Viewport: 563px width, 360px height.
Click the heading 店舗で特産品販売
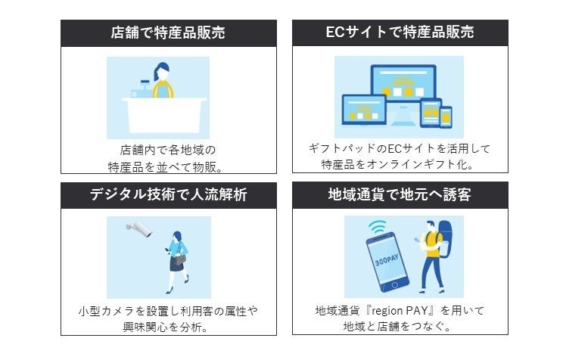point(168,33)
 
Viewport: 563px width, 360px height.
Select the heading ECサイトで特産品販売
point(400,33)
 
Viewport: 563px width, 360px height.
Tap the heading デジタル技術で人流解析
point(168,195)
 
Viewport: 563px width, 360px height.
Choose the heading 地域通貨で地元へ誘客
point(400,195)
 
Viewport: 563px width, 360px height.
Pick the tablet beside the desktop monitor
point(429,113)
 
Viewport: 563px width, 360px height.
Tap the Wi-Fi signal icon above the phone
point(378,227)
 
